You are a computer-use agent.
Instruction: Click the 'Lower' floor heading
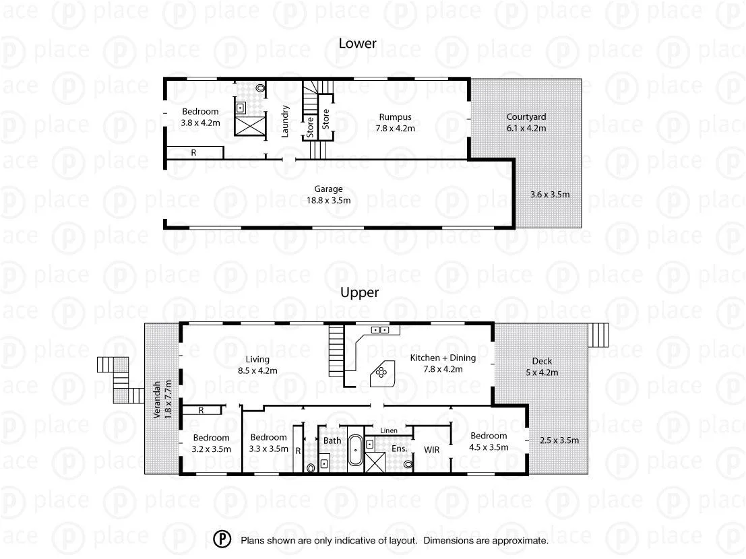[x=357, y=44]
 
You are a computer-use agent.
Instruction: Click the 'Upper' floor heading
[x=359, y=292]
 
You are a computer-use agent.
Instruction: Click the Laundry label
[x=286, y=121]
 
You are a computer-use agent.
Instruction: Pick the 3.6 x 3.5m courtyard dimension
[x=550, y=195]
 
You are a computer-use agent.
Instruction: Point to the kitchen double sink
[x=380, y=330]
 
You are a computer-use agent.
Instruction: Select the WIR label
[x=431, y=449]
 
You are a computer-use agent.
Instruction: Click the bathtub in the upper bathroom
[x=354, y=452]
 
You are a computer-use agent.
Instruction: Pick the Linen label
[x=388, y=430]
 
